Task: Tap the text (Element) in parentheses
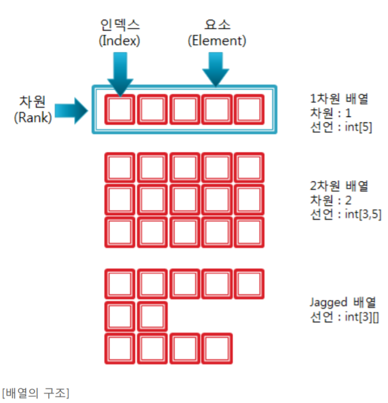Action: [216, 41]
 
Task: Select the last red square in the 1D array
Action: [249, 110]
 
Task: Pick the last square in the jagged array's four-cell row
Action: [217, 348]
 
